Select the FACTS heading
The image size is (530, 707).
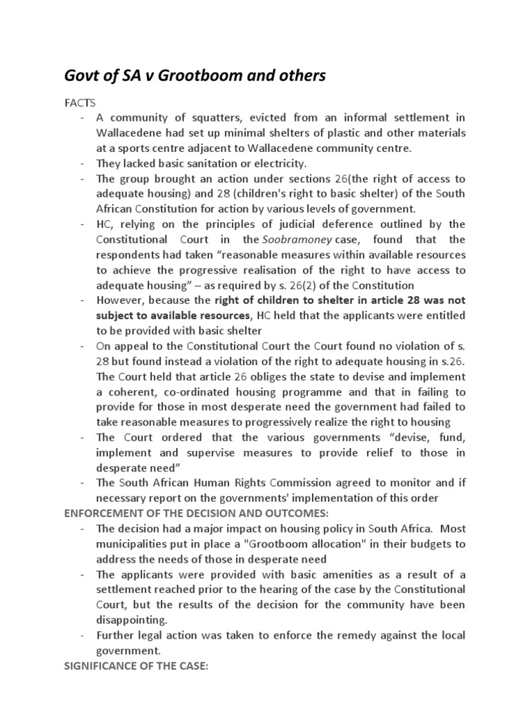point(80,103)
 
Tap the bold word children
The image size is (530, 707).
point(274,300)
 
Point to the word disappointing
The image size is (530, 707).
point(131,619)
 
